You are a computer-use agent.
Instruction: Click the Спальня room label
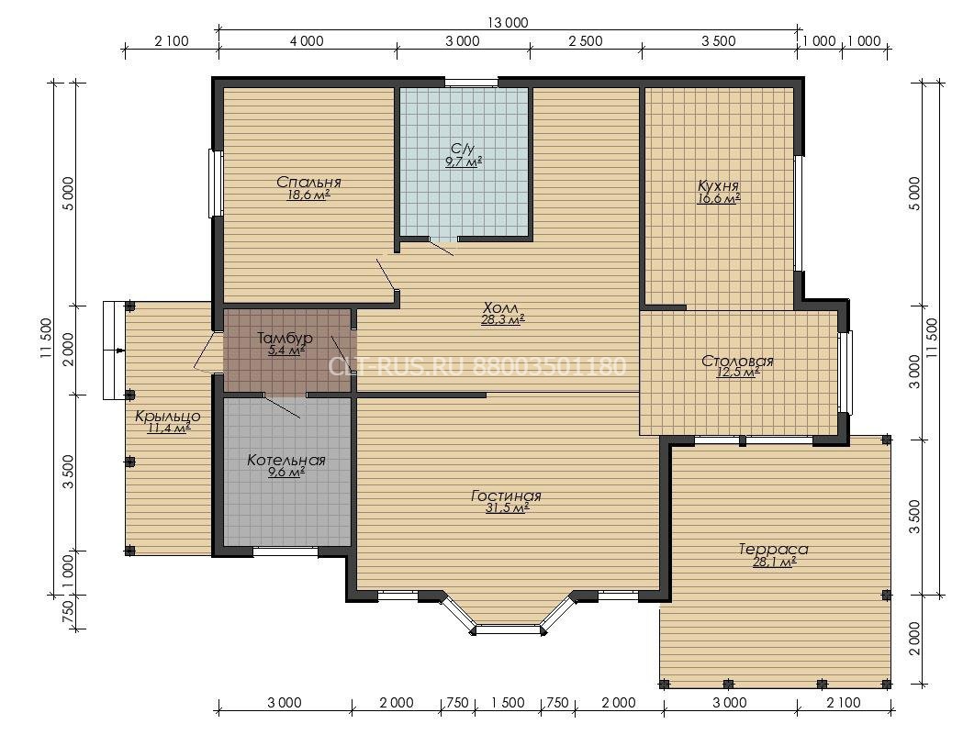308,183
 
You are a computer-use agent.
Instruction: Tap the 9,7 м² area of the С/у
463,162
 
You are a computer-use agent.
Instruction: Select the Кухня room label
718,185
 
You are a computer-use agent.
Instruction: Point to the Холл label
500,307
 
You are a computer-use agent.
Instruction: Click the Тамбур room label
285,338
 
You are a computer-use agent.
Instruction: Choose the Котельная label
286,460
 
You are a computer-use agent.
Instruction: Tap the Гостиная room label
506,496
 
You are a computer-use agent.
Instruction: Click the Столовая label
737,361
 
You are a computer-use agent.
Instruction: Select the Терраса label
773,549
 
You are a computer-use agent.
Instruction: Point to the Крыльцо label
168,417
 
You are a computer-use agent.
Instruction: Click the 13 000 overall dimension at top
508,23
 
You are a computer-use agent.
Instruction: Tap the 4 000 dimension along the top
307,41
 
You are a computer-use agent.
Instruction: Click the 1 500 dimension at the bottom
509,703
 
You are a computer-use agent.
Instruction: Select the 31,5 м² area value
508,508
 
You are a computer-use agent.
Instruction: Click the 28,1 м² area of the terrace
775,562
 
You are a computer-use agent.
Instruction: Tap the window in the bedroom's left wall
216,183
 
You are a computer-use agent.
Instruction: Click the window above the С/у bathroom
471,83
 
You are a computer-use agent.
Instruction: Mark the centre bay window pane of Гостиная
509,629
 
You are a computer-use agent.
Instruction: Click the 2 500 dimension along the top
586,41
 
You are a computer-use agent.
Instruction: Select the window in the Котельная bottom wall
286,551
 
